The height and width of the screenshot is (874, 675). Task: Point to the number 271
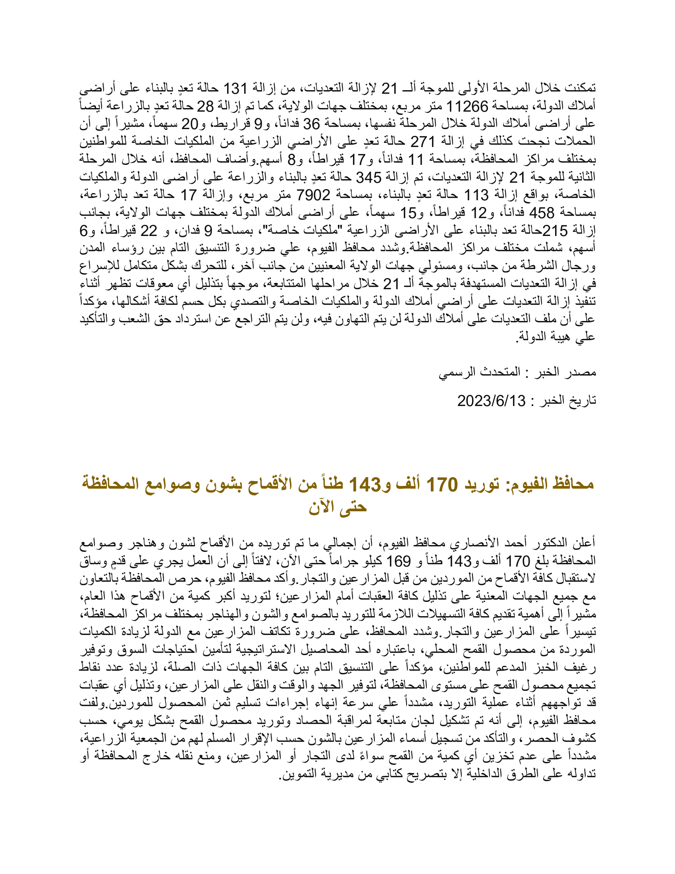tap(423, 142)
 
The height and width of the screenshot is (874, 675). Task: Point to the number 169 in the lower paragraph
tap(398, 561)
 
